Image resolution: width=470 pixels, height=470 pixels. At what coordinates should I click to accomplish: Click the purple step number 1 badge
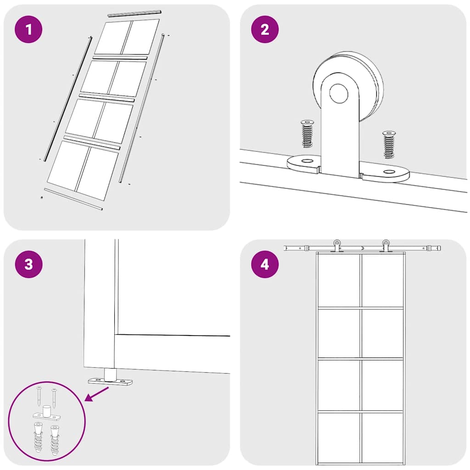click(x=29, y=30)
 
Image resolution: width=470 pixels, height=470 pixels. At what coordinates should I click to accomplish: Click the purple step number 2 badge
click(x=265, y=30)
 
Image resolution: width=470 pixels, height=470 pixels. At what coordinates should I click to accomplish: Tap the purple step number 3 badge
click(x=29, y=265)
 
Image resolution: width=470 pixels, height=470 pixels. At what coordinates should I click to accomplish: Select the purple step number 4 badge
click(x=265, y=265)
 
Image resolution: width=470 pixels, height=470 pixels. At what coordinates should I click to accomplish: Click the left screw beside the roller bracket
click(x=307, y=134)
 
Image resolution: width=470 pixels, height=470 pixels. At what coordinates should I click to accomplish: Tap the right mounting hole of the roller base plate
click(x=389, y=172)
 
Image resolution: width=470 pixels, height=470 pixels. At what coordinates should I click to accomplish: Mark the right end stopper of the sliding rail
click(x=433, y=248)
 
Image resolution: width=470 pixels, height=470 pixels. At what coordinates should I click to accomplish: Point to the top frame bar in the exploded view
click(x=135, y=13)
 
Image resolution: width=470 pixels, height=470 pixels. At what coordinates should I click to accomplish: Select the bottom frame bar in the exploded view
click(x=73, y=199)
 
